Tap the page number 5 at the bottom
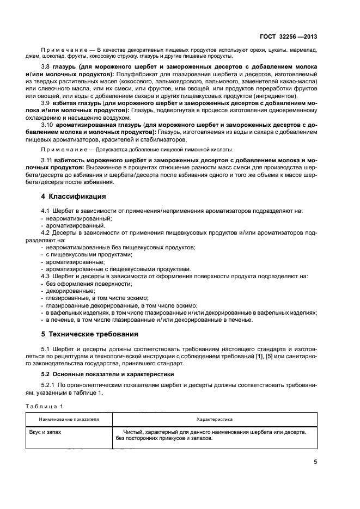coord(315,462)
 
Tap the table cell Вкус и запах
coord(45,431)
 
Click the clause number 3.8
coord(46,66)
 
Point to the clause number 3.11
coord(47,161)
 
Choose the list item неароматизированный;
coord(71,218)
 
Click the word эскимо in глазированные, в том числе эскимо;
coord(139,298)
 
